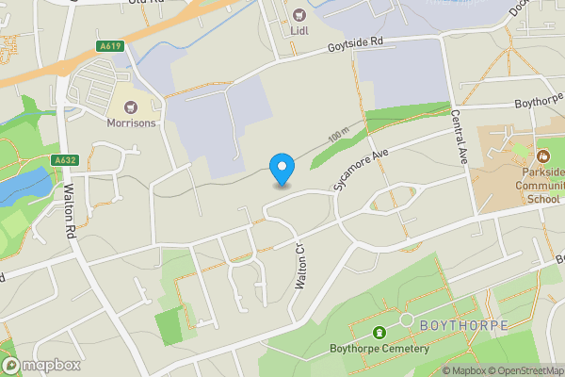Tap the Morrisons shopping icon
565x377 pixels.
tap(130, 107)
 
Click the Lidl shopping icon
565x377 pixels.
tap(299, 14)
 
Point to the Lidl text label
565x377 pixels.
tap(299, 30)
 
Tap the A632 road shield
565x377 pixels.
tap(65, 160)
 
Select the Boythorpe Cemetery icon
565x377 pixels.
tap(379, 333)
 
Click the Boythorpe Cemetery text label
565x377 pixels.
tap(379, 349)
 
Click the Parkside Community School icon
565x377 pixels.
tap(542, 155)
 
